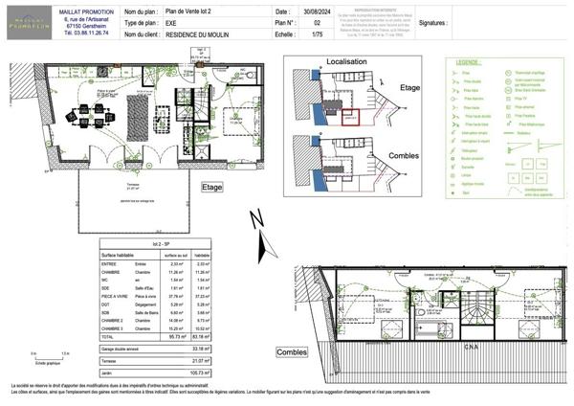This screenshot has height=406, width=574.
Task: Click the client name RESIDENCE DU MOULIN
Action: coord(196,32)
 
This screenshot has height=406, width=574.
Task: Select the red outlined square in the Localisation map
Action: coord(350,118)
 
